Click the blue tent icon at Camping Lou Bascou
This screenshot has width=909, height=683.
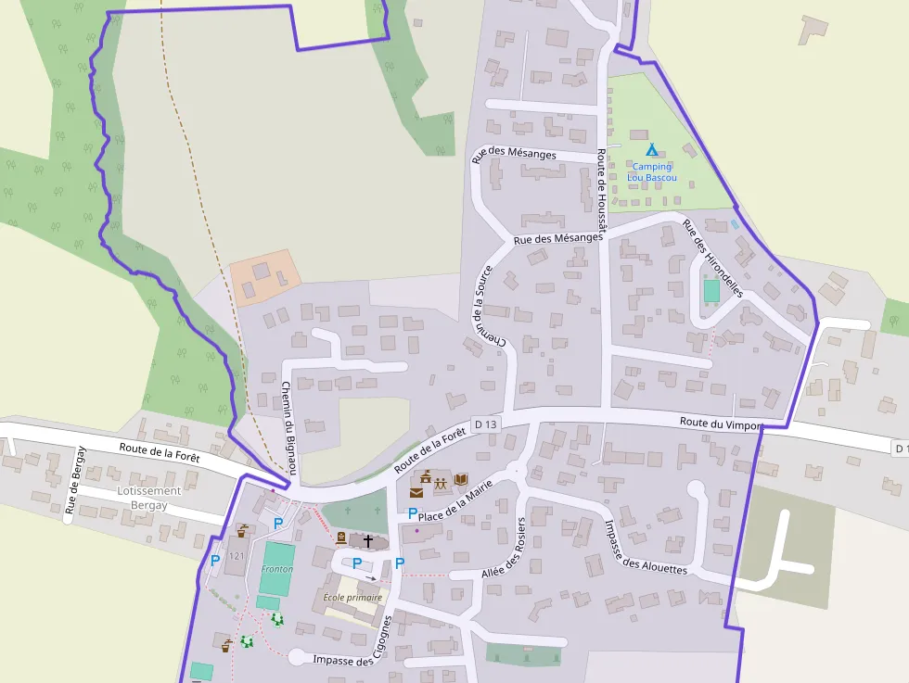[651, 148]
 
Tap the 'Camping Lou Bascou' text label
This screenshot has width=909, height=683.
[651, 172]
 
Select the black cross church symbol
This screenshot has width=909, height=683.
[368, 539]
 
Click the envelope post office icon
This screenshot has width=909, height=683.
[416, 493]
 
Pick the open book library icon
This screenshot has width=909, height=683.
[461, 479]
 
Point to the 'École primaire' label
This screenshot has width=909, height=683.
[352, 598]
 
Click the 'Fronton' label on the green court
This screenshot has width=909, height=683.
[277, 569]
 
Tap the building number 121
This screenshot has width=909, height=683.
[236, 556]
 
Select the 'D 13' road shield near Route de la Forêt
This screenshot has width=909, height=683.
[485, 424]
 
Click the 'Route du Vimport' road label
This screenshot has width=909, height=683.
[721, 423]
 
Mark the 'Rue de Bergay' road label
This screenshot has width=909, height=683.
[76, 479]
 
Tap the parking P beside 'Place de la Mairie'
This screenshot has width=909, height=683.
[413, 513]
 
